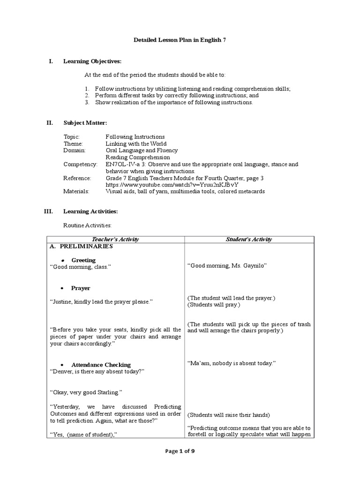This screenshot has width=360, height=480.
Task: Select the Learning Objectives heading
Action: click(92, 61)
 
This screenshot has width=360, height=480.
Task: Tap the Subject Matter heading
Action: click(85, 123)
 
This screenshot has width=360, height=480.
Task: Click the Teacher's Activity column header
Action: click(115, 240)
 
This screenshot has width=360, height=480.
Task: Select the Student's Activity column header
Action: click(248, 240)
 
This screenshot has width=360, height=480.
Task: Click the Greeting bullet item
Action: click(83, 260)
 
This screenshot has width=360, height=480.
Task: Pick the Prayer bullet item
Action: click(81, 288)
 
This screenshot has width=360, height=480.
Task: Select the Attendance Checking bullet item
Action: click(101, 365)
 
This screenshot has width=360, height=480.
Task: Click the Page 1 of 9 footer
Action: click(180, 451)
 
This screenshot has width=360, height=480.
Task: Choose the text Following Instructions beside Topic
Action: click(135, 137)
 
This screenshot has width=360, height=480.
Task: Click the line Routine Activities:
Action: click(88, 226)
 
